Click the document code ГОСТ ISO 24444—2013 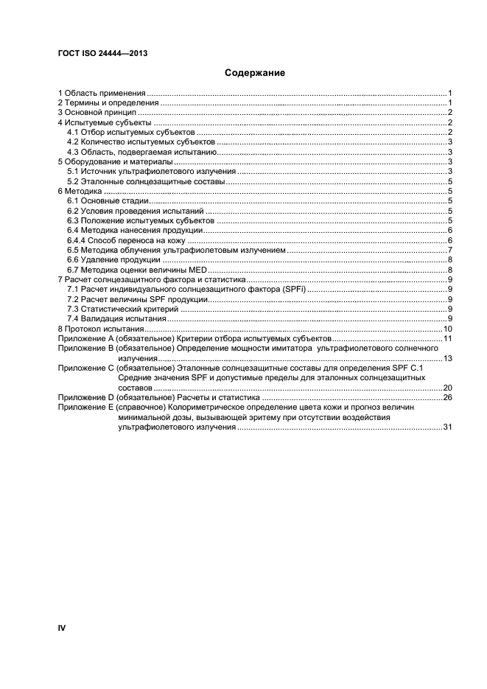[97, 54]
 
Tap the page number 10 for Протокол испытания [446, 329]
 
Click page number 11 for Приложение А [446, 338]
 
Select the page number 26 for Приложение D [446, 397]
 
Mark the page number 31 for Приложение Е [446, 427]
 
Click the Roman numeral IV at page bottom [62, 627]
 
